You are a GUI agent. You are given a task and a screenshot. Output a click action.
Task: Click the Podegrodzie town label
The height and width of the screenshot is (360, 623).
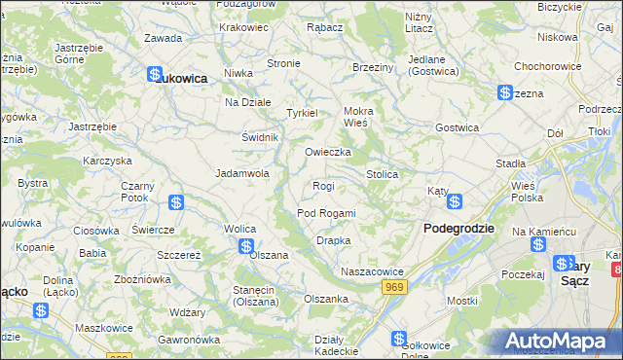tap(459, 228)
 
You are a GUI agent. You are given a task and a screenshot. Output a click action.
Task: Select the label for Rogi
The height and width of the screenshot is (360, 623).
tap(323, 186)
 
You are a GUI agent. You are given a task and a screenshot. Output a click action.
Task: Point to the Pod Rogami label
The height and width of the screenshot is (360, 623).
tap(326, 213)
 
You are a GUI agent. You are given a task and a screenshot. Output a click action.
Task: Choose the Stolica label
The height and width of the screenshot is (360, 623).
tap(383, 174)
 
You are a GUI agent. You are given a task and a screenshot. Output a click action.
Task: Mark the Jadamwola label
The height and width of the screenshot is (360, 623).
tap(242, 173)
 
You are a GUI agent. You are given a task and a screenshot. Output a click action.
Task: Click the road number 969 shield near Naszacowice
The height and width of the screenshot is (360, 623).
tap(394, 286)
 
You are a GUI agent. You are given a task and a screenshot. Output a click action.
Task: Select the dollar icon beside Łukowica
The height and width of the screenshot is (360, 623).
tap(154, 74)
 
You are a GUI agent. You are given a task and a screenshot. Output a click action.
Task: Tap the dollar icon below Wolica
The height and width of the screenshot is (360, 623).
tap(247, 246)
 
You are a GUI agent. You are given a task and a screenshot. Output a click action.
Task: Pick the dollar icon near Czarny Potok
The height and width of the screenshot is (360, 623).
tap(176, 202)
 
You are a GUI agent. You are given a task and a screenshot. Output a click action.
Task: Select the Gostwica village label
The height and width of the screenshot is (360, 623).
tap(457, 127)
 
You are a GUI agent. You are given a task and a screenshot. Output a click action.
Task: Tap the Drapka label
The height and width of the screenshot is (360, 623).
tap(334, 240)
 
